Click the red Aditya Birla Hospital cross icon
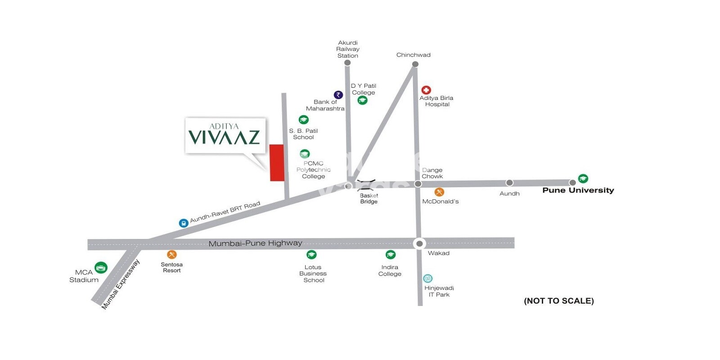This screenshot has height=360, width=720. [x=426, y=90]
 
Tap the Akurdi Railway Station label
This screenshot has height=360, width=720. [x=348, y=49]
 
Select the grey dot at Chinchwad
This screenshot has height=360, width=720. [x=415, y=64]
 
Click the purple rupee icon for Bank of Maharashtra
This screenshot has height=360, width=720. [x=338, y=95]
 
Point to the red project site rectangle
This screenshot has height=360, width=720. [x=276, y=163]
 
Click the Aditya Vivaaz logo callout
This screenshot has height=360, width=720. [x=225, y=135]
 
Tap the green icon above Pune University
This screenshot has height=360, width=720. [x=583, y=178]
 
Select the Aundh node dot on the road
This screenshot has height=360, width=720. [x=509, y=183]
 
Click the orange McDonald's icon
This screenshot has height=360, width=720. [x=439, y=192]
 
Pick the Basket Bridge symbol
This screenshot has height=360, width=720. [x=366, y=184]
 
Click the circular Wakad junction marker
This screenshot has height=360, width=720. [x=419, y=243]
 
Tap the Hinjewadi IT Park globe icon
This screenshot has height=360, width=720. [x=428, y=279]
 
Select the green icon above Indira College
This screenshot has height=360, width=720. [x=391, y=255]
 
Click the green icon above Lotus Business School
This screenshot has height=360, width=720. [x=311, y=255]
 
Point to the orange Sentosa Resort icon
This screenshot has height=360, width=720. [x=171, y=255]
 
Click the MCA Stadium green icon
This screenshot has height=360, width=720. [x=101, y=268]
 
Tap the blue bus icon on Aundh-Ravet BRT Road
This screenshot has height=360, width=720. [x=183, y=223]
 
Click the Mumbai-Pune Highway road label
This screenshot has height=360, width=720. [x=255, y=243]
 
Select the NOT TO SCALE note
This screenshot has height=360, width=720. [x=558, y=301]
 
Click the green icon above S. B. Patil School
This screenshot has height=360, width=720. [x=304, y=120]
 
